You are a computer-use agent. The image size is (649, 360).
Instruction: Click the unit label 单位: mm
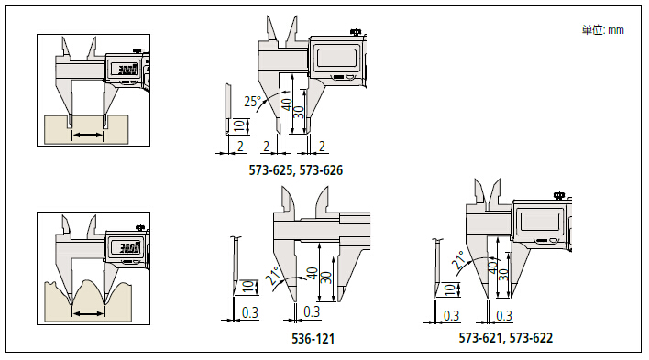click(x=602, y=30)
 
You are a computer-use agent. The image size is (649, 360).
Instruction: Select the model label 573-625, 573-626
click(x=295, y=170)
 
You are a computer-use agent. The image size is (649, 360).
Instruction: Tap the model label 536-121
click(x=313, y=339)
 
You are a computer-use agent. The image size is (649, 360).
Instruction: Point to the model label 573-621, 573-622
click(x=505, y=338)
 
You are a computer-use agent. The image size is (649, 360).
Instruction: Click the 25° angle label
click(x=252, y=101)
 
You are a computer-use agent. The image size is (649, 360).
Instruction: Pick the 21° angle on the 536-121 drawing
click(x=273, y=275)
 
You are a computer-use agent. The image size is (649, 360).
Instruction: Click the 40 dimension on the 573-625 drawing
click(x=286, y=104)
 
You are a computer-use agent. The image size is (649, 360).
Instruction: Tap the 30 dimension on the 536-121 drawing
click(x=326, y=277)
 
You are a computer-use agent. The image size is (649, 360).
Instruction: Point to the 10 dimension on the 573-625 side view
click(x=239, y=125)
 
